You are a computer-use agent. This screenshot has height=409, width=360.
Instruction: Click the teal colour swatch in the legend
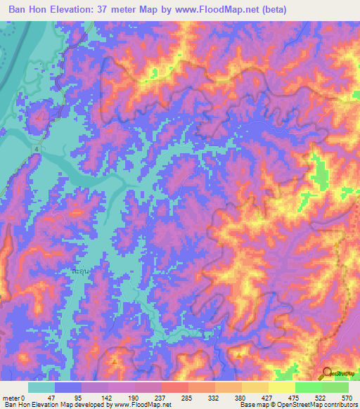[41, 387]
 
